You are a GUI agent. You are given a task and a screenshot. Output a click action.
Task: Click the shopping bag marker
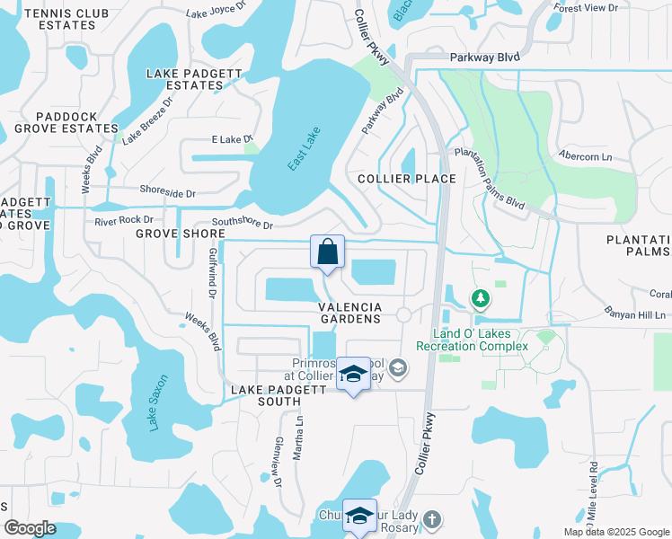point(327,252)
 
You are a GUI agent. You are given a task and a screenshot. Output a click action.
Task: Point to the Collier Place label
point(407,179)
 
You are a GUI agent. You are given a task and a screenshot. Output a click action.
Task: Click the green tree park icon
point(482,297)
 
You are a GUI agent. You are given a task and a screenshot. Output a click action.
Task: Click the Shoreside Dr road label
point(167,190)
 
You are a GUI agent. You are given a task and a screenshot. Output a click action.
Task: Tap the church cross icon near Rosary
point(432,518)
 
